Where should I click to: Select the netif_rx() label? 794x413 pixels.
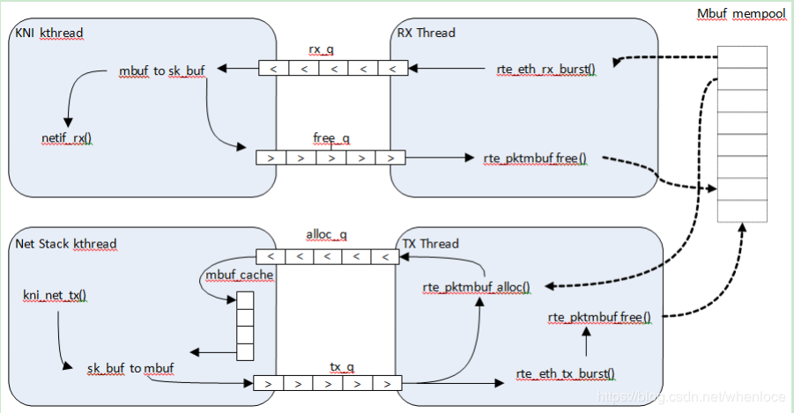(67, 138)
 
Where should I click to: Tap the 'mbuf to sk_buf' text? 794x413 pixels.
(162, 70)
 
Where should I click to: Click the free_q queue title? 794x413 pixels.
(331, 138)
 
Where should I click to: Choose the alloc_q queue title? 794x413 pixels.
(326, 235)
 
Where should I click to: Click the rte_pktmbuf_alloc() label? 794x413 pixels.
(477, 286)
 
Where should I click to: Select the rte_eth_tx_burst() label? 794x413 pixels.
(566, 373)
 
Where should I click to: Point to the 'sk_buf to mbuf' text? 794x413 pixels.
(130, 368)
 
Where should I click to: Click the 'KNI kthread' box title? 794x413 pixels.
(48, 33)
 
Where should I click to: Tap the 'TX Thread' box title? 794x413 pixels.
(428, 244)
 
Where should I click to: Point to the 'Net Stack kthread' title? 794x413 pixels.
(66, 244)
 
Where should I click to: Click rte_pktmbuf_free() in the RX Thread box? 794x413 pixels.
(535, 159)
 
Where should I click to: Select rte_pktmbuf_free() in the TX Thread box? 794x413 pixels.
(599, 317)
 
